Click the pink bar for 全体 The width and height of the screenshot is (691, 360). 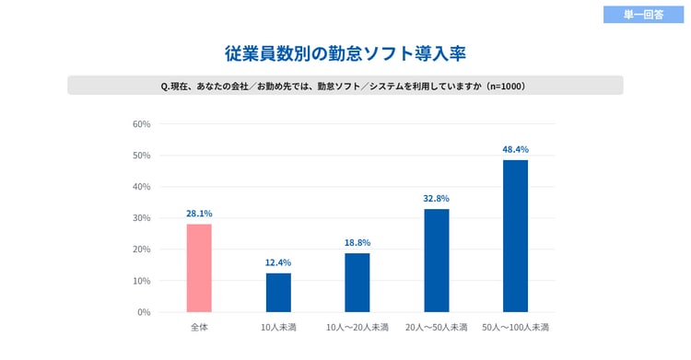(199, 268)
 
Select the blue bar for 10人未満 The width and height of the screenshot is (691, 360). (278, 292)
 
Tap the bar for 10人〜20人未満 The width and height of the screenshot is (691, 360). (357, 282)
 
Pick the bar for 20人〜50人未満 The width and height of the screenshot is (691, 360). (437, 261)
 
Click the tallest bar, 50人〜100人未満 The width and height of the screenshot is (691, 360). (516, 236)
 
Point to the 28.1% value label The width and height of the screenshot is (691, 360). (199, 214)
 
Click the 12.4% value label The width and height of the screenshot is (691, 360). (278, 262)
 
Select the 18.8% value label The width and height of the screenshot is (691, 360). (357, 242)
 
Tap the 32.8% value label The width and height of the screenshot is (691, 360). (437, 198)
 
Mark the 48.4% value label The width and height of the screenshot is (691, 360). (516, 149)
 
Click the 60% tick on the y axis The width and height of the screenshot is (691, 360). (142, 124)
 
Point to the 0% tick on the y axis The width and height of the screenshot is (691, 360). (144, 312)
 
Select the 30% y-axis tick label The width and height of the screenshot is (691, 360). (142, 218)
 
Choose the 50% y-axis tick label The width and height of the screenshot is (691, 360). (142, 156)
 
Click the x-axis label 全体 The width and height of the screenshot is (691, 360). (199, 328)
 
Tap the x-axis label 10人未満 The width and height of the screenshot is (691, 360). (278, 328)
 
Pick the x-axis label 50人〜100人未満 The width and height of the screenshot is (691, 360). (516, 328)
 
